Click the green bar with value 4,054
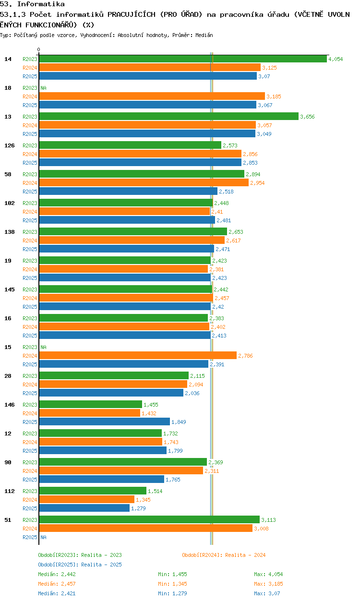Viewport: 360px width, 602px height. pyautogui.click(x=183, y=59)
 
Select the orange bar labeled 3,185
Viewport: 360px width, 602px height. pyautogui.click(x=152, y=96)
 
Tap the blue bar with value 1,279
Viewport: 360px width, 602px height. pyautogui.click(x=84, y=508)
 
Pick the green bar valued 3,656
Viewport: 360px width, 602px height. pyautogui.click(x=168, y=116)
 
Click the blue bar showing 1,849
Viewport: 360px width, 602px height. pyautogui.click(x=105, y=421)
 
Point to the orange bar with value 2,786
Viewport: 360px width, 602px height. pyautogui.click(x=138, y=356)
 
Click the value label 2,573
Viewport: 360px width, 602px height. pyautogui.click(x=230, y=145)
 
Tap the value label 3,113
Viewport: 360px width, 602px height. pyautogui.click(x=269, y=520)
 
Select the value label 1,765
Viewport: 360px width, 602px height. pyautogui.click(x=173, y=480)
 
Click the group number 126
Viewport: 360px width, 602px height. pyautogui.click(x=10, y=145)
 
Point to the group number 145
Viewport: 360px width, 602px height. pyautogui.click(x=10, y=289)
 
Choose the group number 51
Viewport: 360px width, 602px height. pyautogui.click(x=8, y=520)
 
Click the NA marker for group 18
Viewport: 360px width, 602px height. pyautogui.click(x=43, y=88)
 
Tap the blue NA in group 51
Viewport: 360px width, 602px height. pyautogui.click(x=43, y=537)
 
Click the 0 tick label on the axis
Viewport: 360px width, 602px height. pyautogui.click(x=39, y=49)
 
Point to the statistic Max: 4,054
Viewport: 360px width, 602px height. pyautogui.click(x=268, y=574)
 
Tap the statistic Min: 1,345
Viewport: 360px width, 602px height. pyautogui.click(x=172, y=584)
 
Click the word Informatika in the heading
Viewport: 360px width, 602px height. pyautogui.click(x=41, y=4)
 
